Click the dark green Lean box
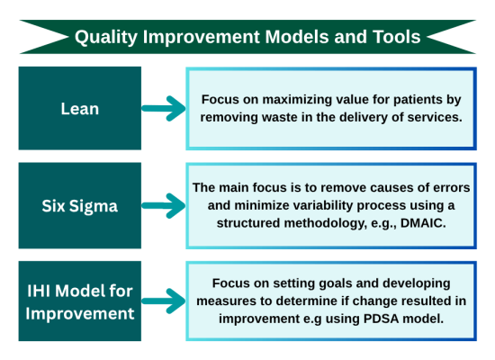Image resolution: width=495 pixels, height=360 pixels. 80,108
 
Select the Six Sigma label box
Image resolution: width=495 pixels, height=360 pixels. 80,205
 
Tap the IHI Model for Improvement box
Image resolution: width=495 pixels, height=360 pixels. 80,301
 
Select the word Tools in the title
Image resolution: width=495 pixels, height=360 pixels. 395,37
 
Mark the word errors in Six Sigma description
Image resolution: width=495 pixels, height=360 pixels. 447,188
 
